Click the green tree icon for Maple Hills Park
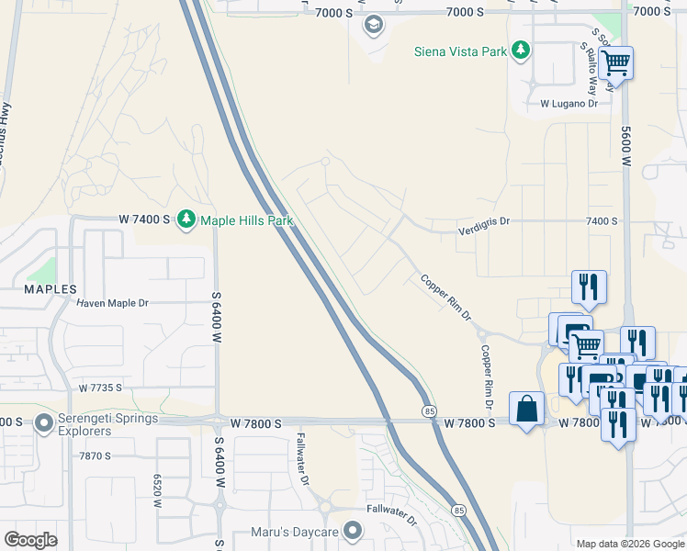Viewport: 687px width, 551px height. [186, 219]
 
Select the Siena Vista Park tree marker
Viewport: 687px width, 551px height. [521, 50]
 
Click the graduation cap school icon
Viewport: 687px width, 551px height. [373, 25]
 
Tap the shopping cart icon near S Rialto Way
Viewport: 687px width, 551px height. [616, 64]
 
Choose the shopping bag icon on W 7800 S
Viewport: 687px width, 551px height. [526, 410]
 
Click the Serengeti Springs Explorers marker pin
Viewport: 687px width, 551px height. [43, 423]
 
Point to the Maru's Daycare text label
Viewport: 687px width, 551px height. [296, 533]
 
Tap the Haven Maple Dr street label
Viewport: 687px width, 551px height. [112, 303]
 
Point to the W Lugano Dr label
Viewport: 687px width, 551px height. [569, 104]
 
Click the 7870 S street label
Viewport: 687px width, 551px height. [95, 455]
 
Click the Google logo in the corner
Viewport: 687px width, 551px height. [30, 540]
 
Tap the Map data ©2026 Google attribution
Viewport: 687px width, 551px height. [630, 544]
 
